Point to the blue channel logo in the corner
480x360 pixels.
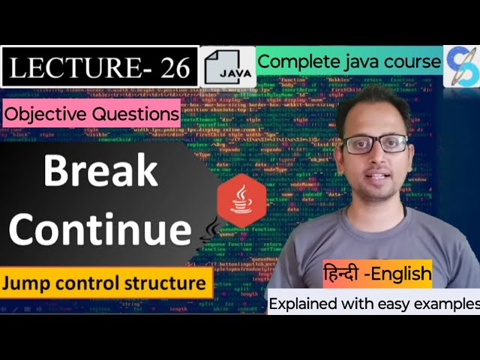(461, 66)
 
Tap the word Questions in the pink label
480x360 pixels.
(134, 115)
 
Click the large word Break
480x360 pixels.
(100, 172)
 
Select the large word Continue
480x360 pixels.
(100, 227)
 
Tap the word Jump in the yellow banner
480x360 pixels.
(27, 283)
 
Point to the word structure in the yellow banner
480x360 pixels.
(164, 283)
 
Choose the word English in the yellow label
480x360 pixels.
(405, 274)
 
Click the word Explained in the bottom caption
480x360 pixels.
(304, 304)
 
